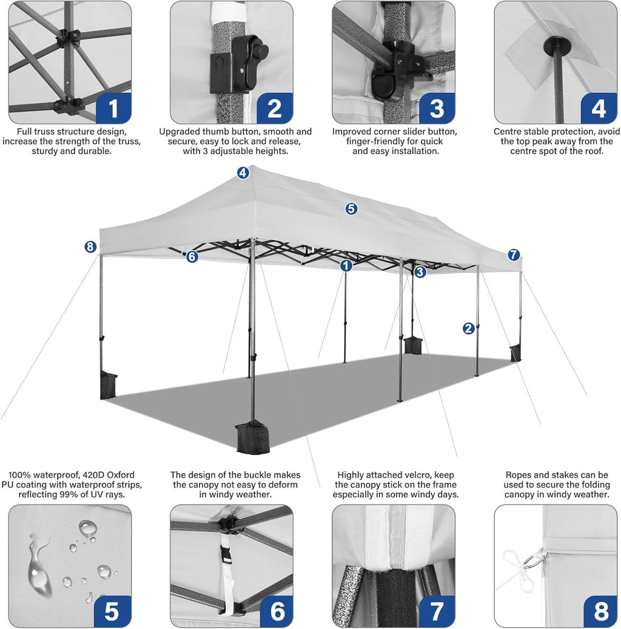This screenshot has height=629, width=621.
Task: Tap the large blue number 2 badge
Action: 274,107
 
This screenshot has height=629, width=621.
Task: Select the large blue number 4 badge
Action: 598,107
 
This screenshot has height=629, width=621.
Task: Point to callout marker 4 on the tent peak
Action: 243,173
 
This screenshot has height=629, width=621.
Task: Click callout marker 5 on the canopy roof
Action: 351,209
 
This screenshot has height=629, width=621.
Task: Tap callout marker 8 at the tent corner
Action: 90,246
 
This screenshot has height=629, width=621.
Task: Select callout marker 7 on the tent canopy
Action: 514,255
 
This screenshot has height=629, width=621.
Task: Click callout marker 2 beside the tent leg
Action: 468,328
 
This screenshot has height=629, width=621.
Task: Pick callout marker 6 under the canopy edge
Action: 192,257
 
